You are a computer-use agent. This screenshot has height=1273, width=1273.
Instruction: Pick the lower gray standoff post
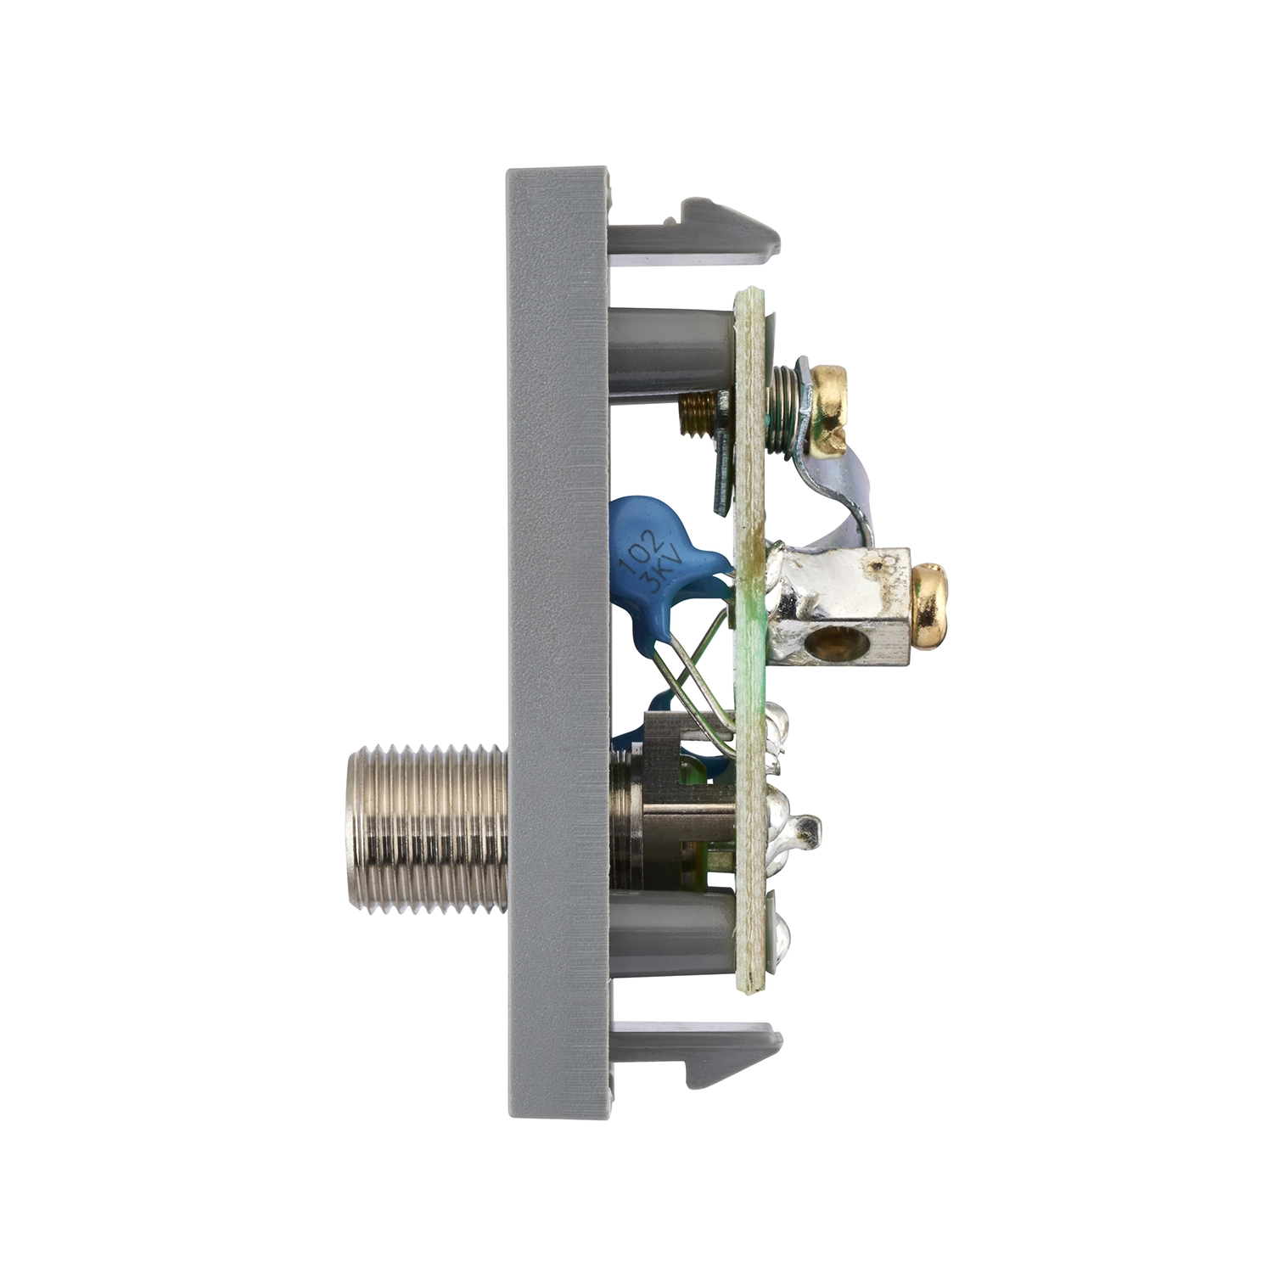670,931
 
